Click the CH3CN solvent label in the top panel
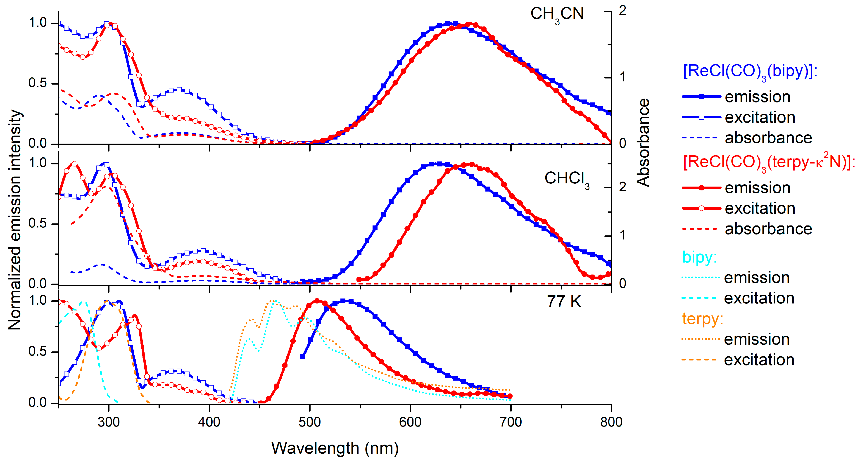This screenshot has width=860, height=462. [557, 14]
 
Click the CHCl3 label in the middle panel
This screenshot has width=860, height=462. [567, 179]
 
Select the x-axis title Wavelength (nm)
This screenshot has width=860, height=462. [335, 448]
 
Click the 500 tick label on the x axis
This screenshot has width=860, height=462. [309, 422]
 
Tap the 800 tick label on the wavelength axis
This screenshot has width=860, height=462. [611, 422]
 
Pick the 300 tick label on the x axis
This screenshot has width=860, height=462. [109, 422]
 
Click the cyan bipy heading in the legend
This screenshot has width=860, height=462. [699, 257]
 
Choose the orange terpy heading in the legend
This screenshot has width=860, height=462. [702, 319]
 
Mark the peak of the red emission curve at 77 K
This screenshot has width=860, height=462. [317, 301]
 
